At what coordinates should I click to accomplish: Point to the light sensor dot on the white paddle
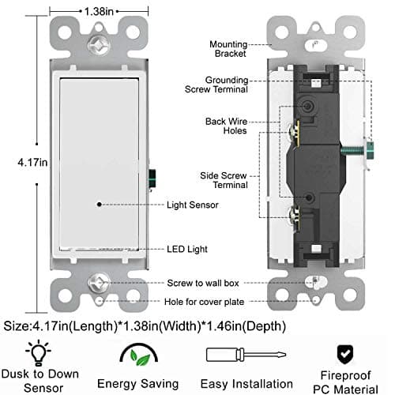(99, 204)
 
